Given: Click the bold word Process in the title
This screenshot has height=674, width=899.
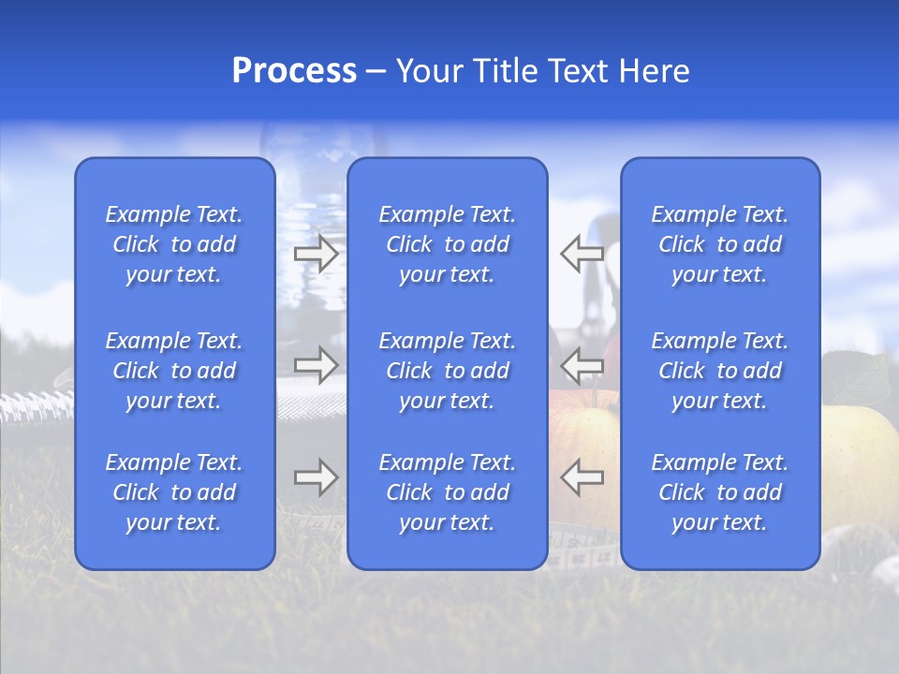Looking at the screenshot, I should pyautogui.click(x=294, y=71).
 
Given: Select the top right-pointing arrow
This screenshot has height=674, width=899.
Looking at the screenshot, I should pyautogui.click(x=316, y=254).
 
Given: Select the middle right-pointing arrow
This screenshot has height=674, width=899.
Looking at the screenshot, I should pyautogui.click(x=316, y=364).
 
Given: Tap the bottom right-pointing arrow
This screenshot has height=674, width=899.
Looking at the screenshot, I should pyautogui.click(x=316, y=477).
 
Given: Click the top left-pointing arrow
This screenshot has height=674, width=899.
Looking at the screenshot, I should pyautogui.click(x=582, y=254).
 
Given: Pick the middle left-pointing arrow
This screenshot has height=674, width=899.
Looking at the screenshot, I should pyautogui.click(x=582, y=364).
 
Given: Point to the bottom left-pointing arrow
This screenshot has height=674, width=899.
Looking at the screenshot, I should pyautogui.click(x=582, y=477).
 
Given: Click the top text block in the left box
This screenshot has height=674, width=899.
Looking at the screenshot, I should pyautogui.click(x=174, y=244).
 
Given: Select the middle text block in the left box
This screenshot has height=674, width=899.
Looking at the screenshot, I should pyautogui.click(x=174, y=371).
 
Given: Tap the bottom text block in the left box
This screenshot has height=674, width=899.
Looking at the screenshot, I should pyautogui.click(x=174, y=492).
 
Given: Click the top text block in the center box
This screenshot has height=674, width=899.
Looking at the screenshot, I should pyautogui.click(x=447, y=244).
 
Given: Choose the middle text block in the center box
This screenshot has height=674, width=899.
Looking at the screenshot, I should pyautogui.click(x=447, y=371).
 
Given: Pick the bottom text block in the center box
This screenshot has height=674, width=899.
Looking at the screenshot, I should pyautogui.click(x=447, y=492).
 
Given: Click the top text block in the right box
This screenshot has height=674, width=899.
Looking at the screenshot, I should pyautogui.click(x=719, y=244).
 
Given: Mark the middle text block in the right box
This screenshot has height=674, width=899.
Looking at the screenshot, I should pyautogui.click(x=719, y=371).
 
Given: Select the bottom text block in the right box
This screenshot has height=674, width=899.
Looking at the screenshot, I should pyautogui.click(x=719, y=492).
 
